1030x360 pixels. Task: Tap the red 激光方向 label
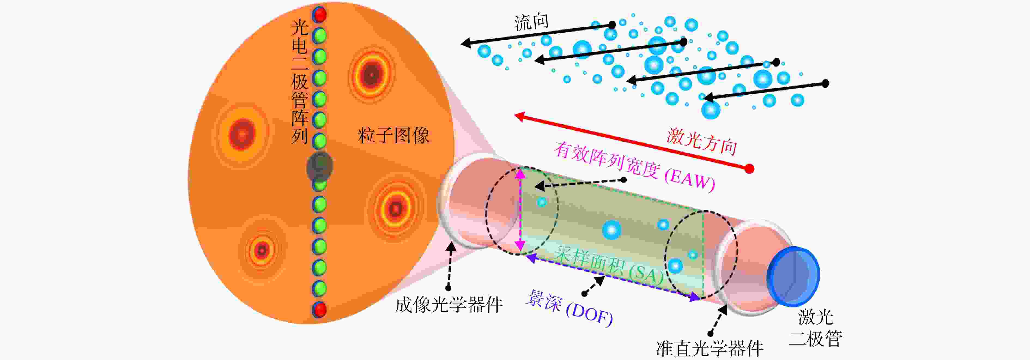pos(702,141)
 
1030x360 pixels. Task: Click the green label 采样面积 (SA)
pos(608,265)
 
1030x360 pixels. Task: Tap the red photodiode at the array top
pos(319,15)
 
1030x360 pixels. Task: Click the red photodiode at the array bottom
pos(319,310)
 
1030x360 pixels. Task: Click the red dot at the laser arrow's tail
pos(750,169)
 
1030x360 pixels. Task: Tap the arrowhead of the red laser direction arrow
pos(519,116)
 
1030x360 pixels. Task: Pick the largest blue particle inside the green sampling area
pos(612,230)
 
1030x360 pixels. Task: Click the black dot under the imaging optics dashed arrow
pos(448,288)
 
